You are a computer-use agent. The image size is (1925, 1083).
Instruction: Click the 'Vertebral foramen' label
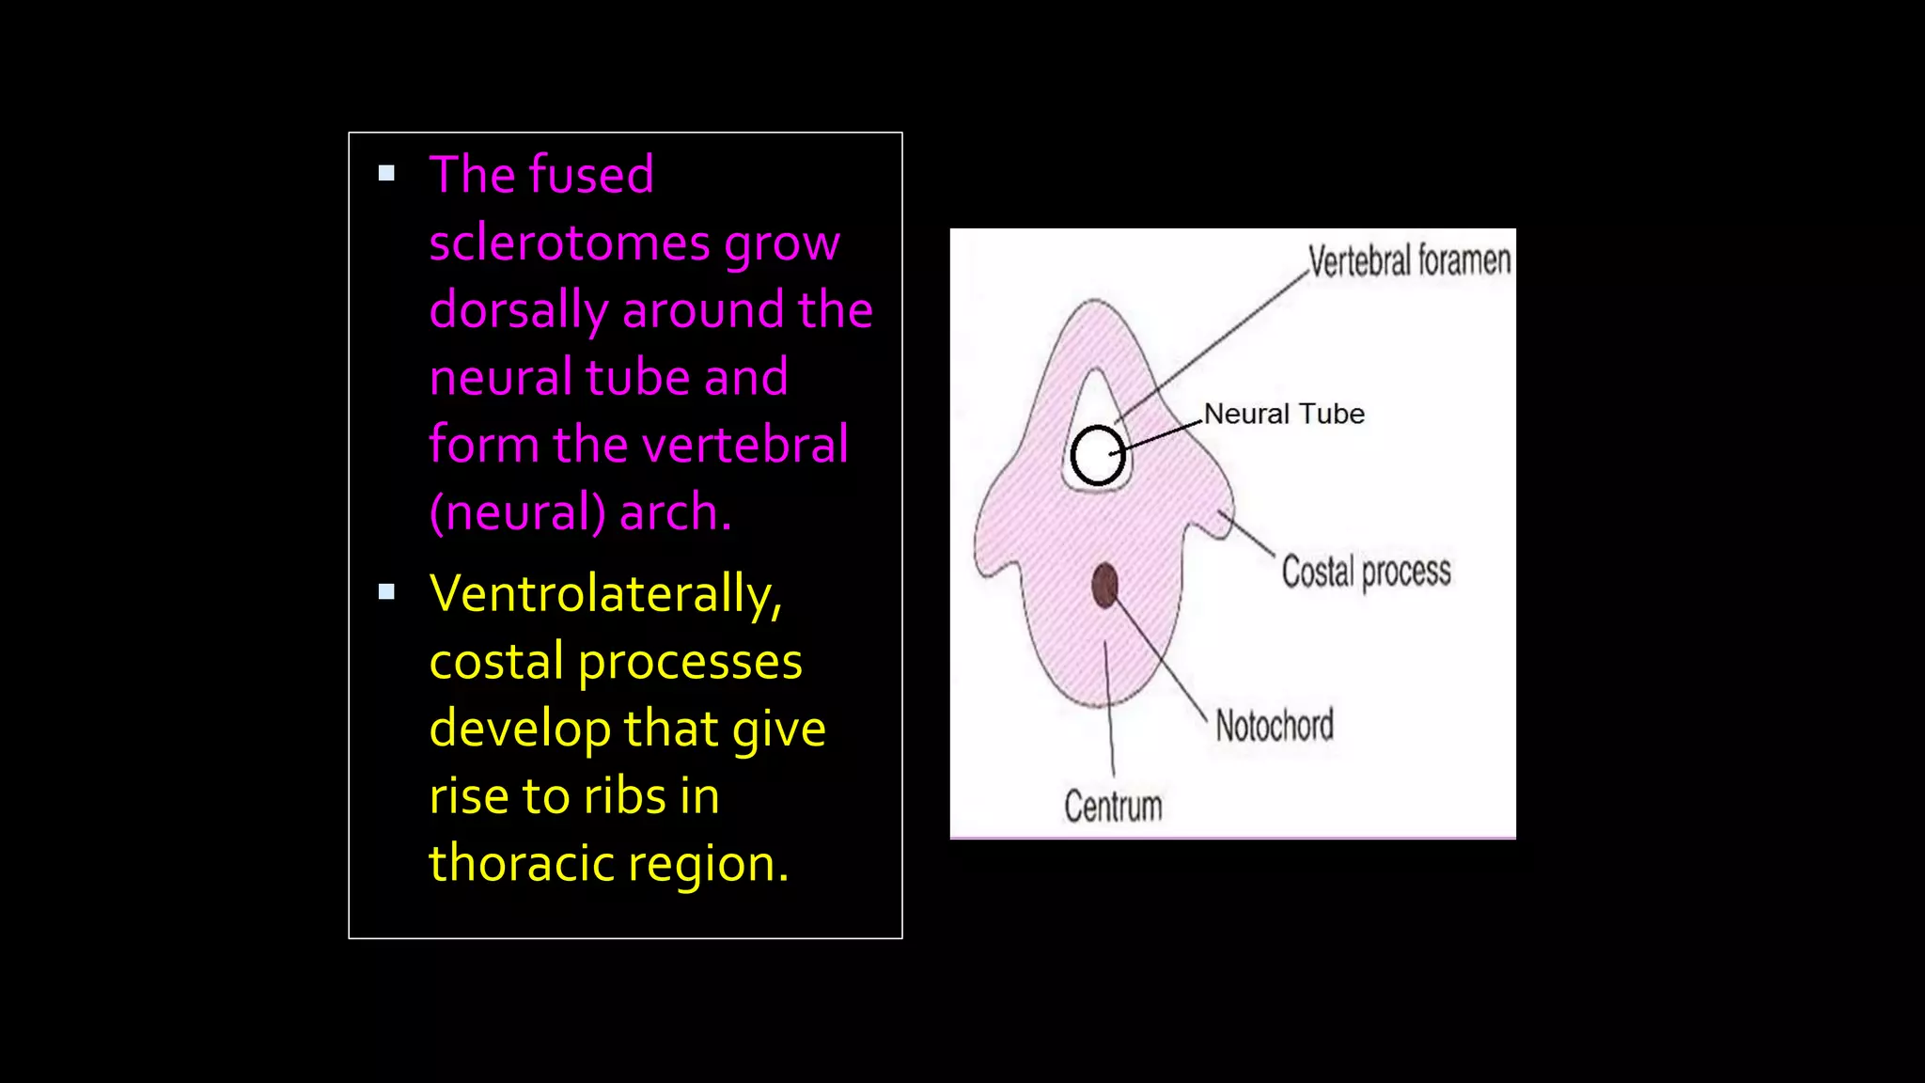tap(1408, 260)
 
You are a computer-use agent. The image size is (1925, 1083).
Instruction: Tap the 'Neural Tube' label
tap(1284, 414)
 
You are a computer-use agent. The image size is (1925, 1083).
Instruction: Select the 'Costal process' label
tap(1366, 572)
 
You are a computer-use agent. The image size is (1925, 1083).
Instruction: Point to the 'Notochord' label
tap(1275, 726)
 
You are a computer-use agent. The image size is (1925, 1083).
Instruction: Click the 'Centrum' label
tap(1113, 807)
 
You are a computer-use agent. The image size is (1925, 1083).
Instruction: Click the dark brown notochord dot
tap(1104, 586)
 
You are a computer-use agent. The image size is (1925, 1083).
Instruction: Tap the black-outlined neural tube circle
tap(1097, 456)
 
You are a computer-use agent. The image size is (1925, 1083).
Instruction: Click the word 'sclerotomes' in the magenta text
tap(569, 243)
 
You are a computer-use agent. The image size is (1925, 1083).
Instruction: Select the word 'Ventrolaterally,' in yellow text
tap(605, 594)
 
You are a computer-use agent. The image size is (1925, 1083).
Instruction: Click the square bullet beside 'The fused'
tap(386, 173)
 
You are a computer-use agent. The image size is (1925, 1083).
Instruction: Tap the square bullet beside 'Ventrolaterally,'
tap(386, 591)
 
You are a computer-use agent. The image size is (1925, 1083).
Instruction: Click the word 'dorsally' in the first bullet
tap(518, 311)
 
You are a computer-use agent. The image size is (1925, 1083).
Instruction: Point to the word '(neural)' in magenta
tap(517, 513)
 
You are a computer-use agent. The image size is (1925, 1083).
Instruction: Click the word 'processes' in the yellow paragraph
tap(690, 662)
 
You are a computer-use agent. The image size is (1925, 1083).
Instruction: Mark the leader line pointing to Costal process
tap(1247, 533)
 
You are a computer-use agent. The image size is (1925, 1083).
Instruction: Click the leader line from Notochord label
tap(1162, 660)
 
